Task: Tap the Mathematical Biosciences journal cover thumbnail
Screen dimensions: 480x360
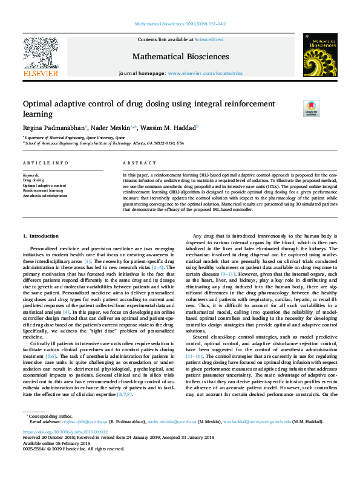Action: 320,56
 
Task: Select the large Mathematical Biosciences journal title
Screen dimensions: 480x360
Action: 180,56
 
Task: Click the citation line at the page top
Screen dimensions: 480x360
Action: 180,25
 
